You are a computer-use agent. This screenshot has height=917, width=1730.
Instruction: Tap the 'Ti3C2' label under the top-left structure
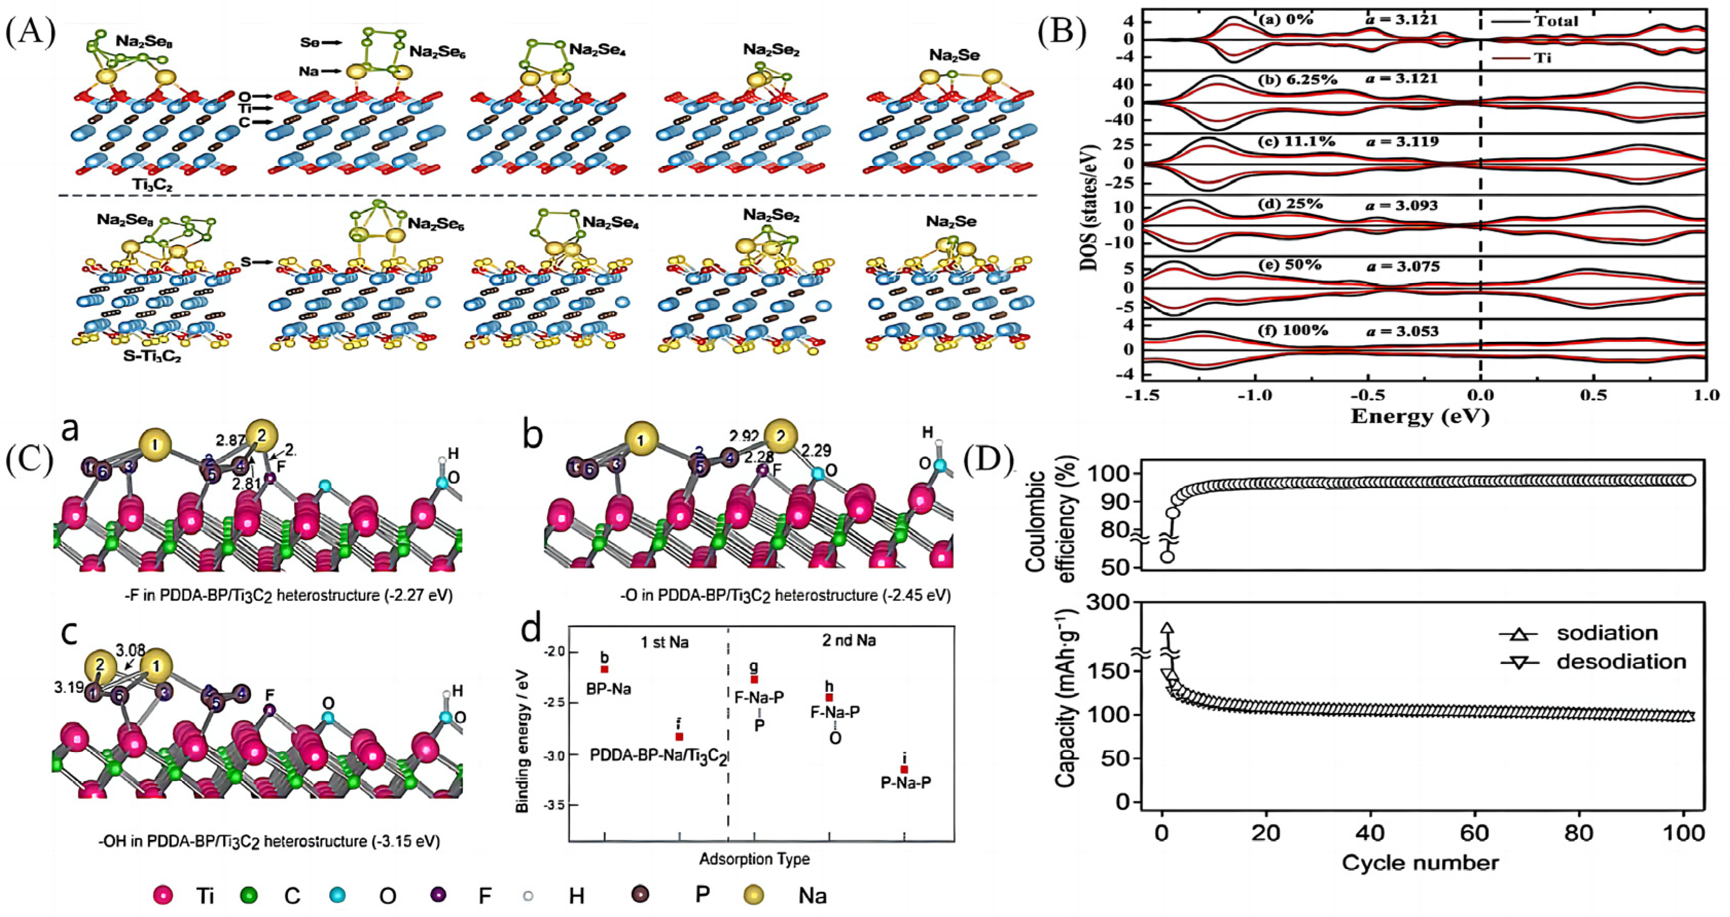[152, 184]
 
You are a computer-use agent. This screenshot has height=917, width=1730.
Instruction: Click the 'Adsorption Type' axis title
[754, 859]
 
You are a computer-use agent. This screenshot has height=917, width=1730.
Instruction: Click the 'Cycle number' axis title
[1420, 862]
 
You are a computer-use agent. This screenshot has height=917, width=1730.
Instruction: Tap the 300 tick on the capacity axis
[1115, 603]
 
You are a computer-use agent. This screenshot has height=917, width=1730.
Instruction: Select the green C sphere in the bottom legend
[249, 895]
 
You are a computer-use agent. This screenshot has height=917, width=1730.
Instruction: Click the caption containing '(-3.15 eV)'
[268, 841]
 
